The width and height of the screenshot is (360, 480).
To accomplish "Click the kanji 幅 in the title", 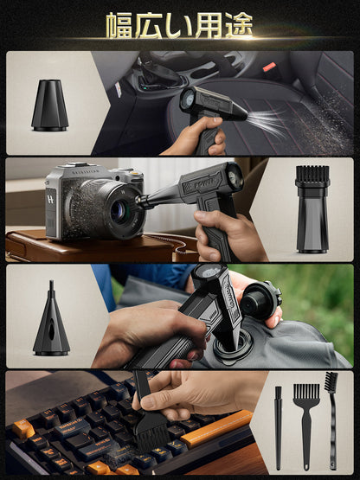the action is (119, 26).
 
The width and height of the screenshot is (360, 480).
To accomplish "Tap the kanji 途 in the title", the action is (239, 26).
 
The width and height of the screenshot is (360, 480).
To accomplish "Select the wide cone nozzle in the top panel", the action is (50, 106).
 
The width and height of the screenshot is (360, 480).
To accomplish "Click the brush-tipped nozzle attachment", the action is (312, 209).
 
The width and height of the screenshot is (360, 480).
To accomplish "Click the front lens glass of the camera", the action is (119, 211).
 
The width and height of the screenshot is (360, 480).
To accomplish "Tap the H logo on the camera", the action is (50, 199).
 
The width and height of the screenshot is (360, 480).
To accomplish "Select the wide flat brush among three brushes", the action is (306, 426).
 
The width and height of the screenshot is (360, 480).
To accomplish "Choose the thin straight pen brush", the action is (278, 428).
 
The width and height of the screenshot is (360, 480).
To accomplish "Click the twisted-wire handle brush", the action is (331, 420).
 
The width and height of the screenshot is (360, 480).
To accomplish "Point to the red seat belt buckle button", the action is (270, 67).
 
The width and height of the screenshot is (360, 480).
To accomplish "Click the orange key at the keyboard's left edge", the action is (23, 429).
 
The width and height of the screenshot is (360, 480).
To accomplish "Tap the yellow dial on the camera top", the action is (136, 174).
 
